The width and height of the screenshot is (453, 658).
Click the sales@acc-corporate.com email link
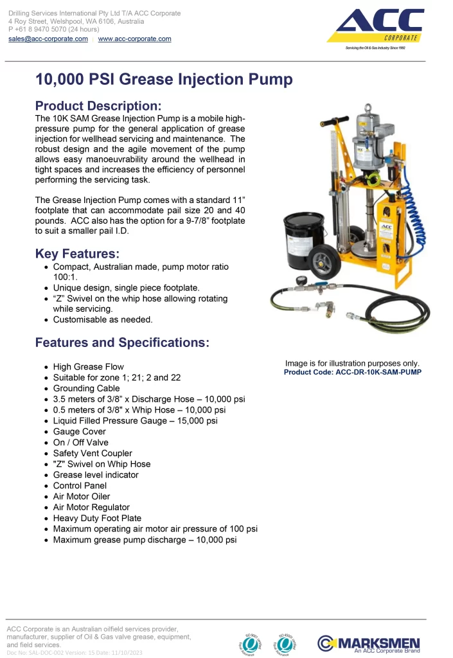(48, 39)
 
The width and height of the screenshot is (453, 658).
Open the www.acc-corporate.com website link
(134, 39)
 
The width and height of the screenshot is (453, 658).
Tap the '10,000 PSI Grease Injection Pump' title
(164, 79)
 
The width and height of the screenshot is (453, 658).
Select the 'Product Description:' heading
(98, 106)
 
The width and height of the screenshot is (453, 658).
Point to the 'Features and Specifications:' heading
(122, 342)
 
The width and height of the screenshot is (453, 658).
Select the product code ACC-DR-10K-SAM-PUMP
(353, 372)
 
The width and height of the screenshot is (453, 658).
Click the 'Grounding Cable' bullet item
(86, 388)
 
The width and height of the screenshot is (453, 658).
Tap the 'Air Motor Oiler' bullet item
(82, 496)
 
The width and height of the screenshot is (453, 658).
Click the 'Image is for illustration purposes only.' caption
(352, 363)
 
